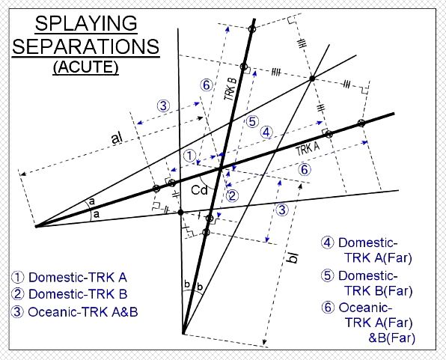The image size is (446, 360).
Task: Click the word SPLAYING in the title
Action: tap(86, 24)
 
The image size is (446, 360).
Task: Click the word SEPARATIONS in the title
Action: tap(85, 46)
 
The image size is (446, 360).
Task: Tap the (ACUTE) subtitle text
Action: tap(85, 67)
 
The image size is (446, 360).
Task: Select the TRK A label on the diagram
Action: tap(308, 148)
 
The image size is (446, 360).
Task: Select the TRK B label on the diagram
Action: tap(230, 89)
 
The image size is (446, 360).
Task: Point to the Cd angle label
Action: tap(200, 190)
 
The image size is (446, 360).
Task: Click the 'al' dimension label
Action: tap(117, 138)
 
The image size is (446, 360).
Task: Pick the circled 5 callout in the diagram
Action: tap(252, 122)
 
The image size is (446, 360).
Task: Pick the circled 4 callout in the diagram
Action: tap(266, 132)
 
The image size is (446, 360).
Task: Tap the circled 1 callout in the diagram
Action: tap(190, 156)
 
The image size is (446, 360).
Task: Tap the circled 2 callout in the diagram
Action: tap(232, 196)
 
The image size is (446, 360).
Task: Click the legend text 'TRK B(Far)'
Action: tap(379, 291)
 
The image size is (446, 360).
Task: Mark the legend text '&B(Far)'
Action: tap(391, 338)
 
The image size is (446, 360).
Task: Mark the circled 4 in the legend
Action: tap(327, 242)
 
